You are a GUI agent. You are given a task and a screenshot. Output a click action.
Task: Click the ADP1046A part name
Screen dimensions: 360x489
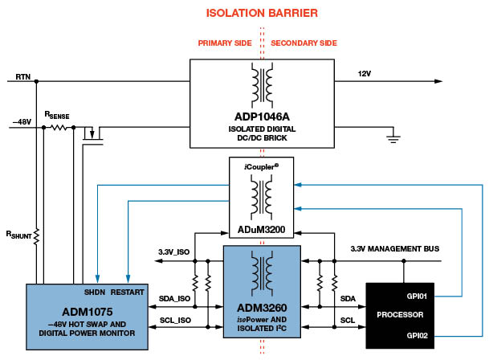pyautogui.click(x=262, y=115)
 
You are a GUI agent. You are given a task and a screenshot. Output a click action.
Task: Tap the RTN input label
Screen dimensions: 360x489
pyautogui.click(x=22, y=77)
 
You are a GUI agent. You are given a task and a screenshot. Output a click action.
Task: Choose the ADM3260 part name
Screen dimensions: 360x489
pyautogui.click(x=262, y=308)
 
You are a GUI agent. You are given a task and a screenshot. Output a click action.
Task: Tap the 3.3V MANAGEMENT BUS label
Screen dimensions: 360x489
pyautogui.click(x=395, y=250)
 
